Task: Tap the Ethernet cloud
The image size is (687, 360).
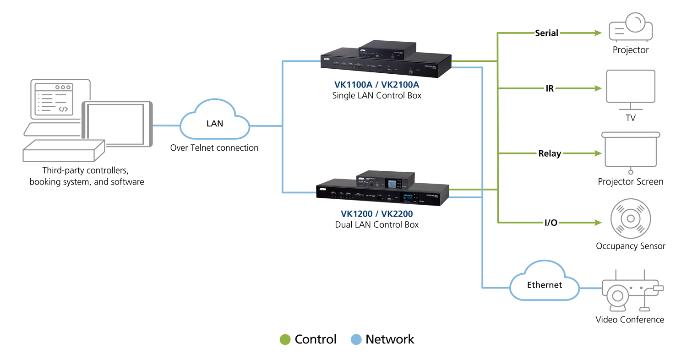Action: coord(544,284)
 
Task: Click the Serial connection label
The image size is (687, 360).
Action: coord(547,33)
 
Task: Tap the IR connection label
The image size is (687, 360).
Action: coord(550,88)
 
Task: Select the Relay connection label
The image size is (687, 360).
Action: coord(550,153)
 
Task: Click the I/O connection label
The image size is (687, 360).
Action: coord(551,223)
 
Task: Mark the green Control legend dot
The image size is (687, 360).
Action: coord(285,339)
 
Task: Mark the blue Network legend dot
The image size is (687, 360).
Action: coord(356,339)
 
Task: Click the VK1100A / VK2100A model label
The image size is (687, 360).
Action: coord(376,85)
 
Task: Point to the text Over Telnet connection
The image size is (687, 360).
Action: coord(214,148)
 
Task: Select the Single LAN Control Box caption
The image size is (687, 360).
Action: coord(376,96)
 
